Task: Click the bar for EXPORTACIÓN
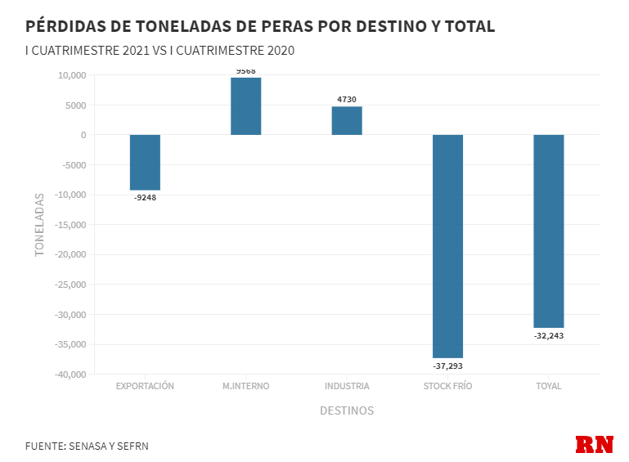(145, 162)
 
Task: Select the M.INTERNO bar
(245, 106)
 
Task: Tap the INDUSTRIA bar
(347, 121)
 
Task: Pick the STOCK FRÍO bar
(447, 245)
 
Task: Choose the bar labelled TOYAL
(549, 231)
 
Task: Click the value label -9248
(145, 197)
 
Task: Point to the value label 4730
(347, 100)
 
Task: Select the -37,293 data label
(447, 366)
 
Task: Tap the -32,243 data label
(549, 335)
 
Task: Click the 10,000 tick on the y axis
(72, 75)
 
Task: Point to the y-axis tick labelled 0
(83, 135)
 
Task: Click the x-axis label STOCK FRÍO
(447, 386)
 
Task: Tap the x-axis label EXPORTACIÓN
(145, 386)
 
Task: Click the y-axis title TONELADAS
(39, 225)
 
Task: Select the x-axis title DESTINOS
(347, 410)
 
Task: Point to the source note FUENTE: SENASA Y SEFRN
(87, 446)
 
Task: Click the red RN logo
(595, 445)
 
